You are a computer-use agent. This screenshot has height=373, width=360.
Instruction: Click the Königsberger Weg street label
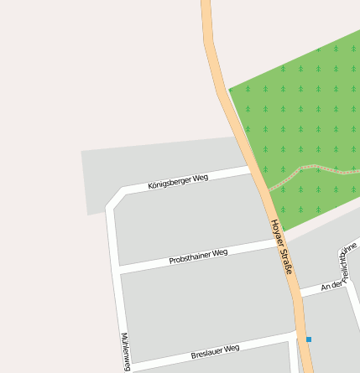coord(178,181)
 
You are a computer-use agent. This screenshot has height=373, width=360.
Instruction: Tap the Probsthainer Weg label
coord(198,256)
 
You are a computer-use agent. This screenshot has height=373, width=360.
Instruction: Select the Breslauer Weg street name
coord(216,351)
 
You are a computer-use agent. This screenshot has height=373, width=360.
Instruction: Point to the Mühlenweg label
coord(126,351)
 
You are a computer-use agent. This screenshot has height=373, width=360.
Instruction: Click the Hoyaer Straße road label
coord(281,247)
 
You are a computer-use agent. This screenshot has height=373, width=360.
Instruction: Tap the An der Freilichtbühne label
coord(342,271)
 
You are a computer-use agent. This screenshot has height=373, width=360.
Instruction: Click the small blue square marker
coord(309,339)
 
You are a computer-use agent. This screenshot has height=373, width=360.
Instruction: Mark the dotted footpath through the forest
coord(310,168)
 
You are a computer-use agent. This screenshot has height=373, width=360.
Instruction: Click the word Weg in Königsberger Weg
coord(200,177)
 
